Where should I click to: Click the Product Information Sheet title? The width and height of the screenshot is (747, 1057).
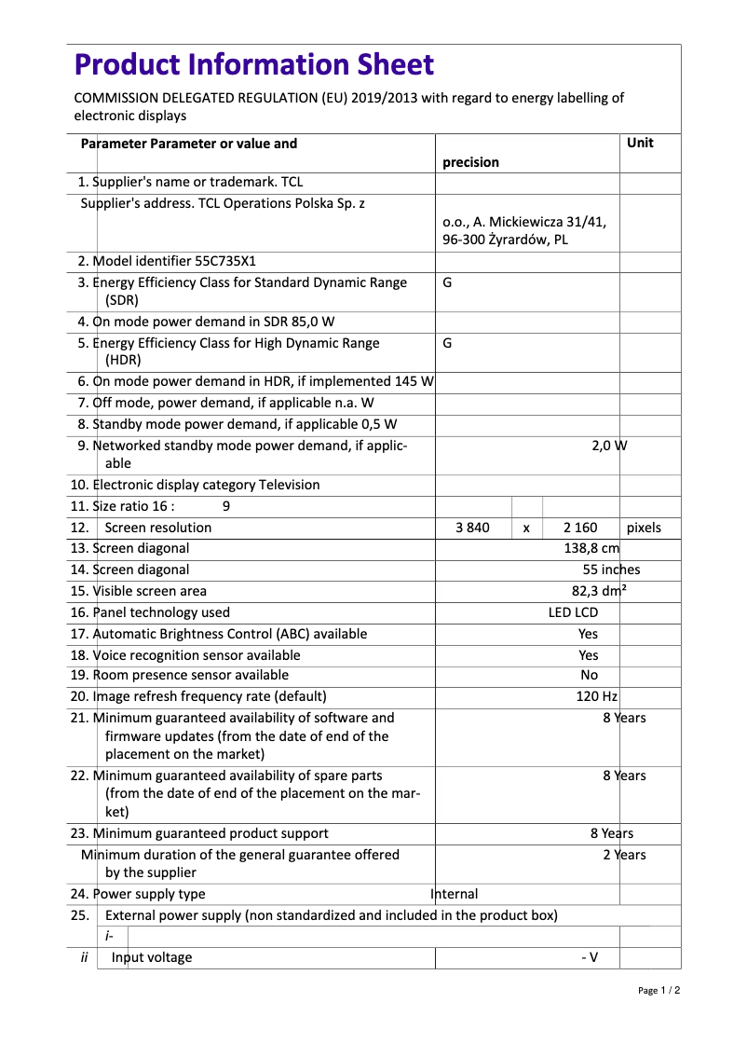pyautogui.click(x=253, y=65)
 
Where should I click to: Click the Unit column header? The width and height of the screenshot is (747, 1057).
pyautogui.click(x=640, y=143)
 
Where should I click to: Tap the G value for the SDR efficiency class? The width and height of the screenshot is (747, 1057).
pyautogui.click(x=447, y=281)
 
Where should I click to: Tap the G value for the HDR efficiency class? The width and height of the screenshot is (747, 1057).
pyautogui.click(x=447, y=342)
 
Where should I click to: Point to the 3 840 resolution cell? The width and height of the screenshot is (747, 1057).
pyautogui.click(x=472, y=528)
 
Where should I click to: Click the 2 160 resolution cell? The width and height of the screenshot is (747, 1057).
pyautogui.click(x=580, y=528)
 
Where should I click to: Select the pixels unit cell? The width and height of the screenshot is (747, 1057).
pyautogui.click(x=644, y=528)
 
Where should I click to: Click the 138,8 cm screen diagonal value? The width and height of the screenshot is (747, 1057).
pyautogui.click(x=591, y=548)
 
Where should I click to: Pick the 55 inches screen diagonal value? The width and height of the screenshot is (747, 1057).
pyautogui.click(x=611, y=570)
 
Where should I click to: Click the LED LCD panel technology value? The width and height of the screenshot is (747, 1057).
pyautogui.click(x=573, y=612)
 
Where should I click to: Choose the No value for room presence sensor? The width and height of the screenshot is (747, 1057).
pyautogui.click(x=589, y=675)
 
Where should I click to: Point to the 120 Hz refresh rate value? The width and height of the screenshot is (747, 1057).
pyautogui.click(x=596, y=696)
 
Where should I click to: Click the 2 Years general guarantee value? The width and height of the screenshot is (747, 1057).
pyautogui.click(x=623, y=855)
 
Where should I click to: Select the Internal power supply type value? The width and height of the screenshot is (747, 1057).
pyautogui.click(x=455, y=894)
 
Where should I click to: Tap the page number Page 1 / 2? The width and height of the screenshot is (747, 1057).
pyautogui.click(x=659, y=990)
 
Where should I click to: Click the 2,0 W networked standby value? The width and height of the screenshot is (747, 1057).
pyautogui.click(x=609, y=446)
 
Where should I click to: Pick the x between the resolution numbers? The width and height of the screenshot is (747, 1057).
pyautogui.click(x=526, y=528)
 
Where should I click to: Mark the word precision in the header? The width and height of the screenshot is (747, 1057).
pyautogui.click(x=470, y=162)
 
